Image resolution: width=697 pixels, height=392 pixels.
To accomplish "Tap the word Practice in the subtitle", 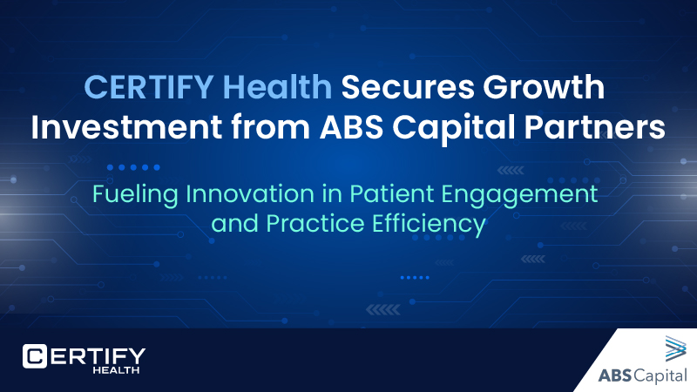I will (x=304, y=225).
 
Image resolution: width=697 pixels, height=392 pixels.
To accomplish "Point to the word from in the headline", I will (x=252, y=126).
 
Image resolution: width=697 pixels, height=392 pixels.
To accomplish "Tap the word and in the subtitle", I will (x=231, y=225).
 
